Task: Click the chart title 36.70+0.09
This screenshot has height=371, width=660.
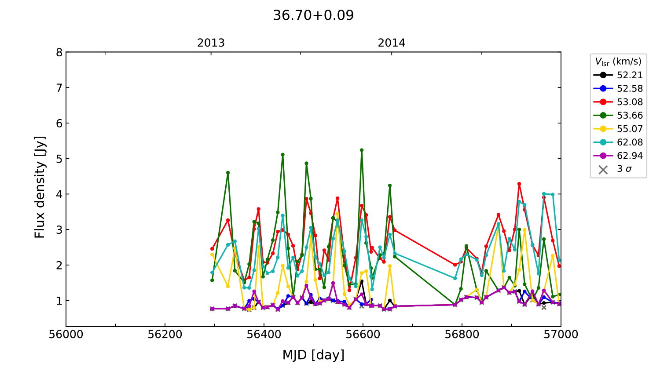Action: (x=313, y=15)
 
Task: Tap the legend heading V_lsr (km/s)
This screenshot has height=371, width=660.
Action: (x=618, y=62)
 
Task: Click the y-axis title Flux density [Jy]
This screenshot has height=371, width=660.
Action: (x=40, y=187)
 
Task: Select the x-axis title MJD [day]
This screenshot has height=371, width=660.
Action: (x=313, y=355)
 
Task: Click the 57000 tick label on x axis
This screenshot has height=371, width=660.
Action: (x=561, y=335)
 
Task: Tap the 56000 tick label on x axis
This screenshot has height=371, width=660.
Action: (x=66, y=335)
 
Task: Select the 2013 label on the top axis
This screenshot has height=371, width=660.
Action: (x=211, y=43)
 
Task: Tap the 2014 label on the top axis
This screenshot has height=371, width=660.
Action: (x=392, y=43)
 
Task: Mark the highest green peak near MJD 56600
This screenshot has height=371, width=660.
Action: (x=362, y=150)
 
